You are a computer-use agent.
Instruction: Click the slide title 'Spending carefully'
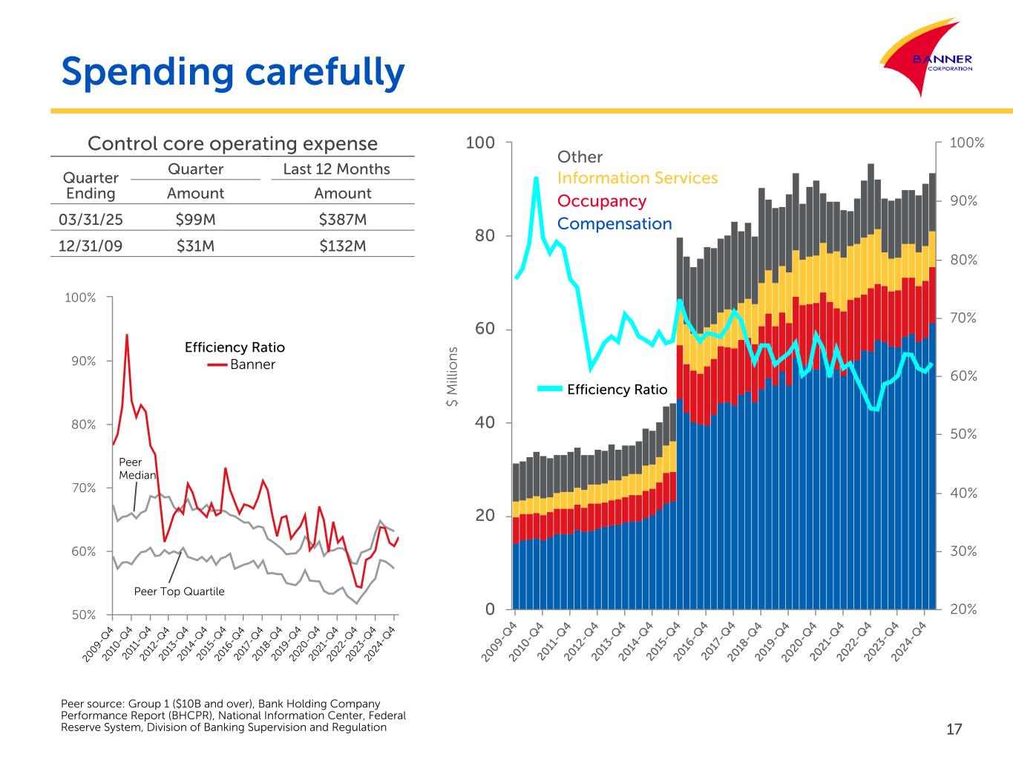233,72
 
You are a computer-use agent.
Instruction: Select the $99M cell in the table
195,220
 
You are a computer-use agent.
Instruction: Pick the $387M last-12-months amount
342,220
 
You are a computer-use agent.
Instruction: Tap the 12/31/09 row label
91,246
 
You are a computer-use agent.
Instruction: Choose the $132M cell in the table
342,246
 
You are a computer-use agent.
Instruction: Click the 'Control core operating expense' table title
232,143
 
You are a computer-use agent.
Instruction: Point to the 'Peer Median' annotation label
137,469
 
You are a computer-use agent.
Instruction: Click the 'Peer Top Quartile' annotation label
179,592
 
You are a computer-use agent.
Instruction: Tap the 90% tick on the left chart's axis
81,361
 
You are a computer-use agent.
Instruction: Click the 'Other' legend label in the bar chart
580,157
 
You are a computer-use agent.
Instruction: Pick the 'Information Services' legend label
637,178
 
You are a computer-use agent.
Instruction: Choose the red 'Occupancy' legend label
601,201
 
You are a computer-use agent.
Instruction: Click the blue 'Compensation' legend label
614,224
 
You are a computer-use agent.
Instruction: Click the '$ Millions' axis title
451,378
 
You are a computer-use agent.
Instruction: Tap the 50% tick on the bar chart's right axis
963,434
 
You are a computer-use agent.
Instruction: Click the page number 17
954,730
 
